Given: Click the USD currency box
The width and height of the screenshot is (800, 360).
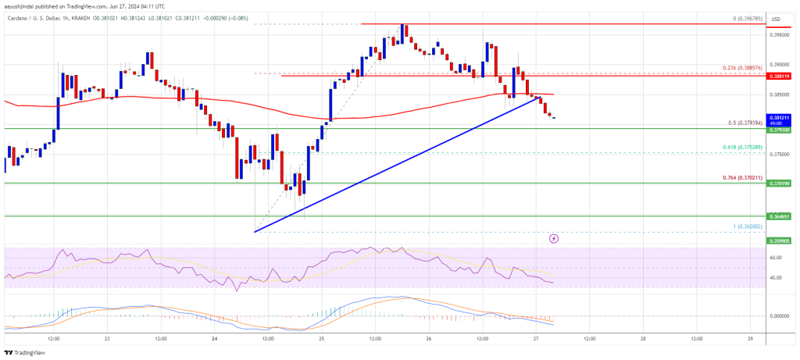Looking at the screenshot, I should click(x=777, y=19).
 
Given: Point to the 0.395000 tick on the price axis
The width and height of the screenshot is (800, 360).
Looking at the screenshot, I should click(x=777, y=34).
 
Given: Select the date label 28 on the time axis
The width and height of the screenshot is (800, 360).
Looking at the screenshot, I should click(x=642, y=340).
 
